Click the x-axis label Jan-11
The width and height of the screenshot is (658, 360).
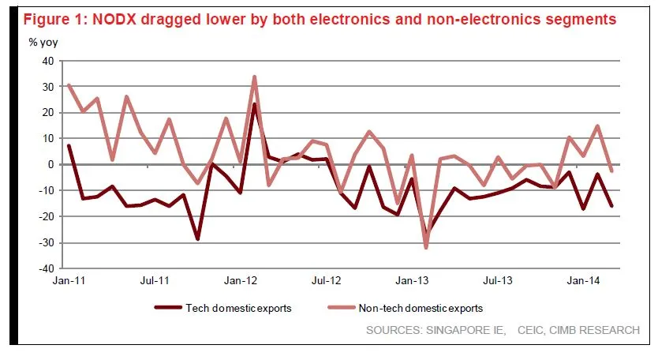(69, 280)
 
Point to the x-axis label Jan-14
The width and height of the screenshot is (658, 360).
(581, 280)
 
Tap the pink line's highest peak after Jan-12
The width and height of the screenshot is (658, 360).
(255, 77)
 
